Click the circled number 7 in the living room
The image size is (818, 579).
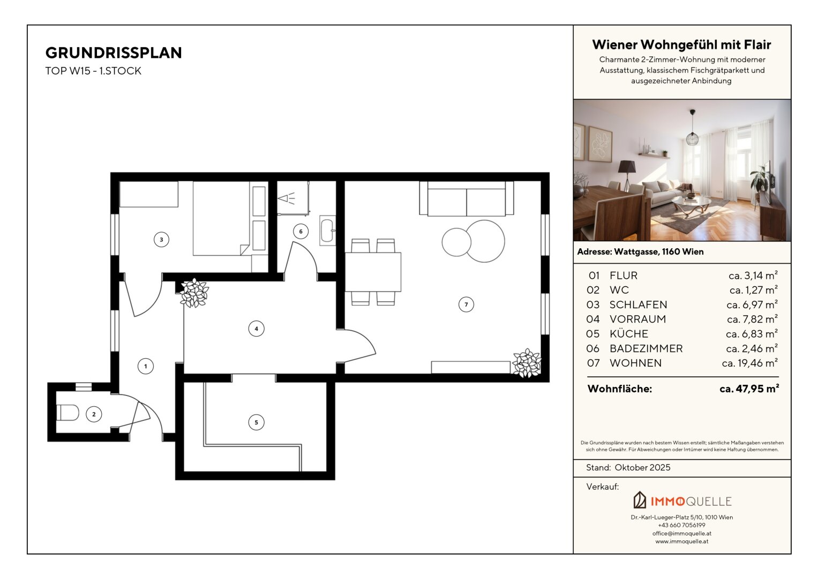(466, 305)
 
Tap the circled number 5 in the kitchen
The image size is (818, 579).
(256, 422)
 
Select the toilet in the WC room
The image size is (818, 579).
(67, 413)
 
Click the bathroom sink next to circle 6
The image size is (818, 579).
(327, 231)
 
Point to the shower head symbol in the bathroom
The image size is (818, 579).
(286, 199)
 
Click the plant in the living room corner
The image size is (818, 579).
(527, 363)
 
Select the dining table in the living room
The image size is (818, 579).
(373, 272)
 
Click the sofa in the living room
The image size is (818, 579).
(467, 199)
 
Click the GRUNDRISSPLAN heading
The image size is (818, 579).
(114, 53)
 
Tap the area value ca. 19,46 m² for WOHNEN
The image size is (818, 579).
(750, 363)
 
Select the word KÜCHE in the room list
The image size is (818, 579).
(629, 333)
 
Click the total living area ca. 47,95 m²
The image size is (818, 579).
(749, 389)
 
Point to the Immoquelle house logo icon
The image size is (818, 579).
(640, 500)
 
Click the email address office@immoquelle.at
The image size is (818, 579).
(682, 533)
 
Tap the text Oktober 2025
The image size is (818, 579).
(642, 467)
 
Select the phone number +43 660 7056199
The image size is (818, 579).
(682, 525)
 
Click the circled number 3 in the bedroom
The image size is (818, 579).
(161, 240)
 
